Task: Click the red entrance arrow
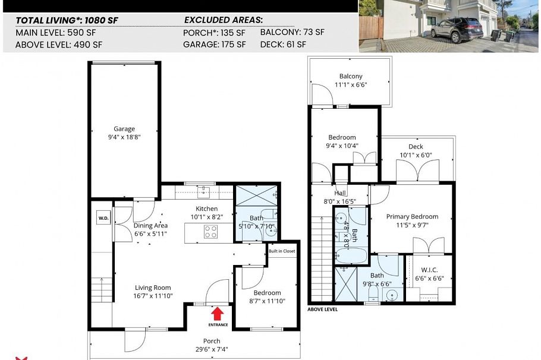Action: [218, 313]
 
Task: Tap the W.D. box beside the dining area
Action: [103, 218]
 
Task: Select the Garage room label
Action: [124, 129]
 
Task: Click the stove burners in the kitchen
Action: [210, 233]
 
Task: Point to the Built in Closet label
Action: [282, 251]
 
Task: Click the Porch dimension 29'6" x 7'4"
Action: [212, 349]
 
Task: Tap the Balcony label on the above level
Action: [351, 76]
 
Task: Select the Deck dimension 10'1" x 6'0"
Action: [416, 156]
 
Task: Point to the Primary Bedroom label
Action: [412, 217]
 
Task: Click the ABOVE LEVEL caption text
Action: [323, 310]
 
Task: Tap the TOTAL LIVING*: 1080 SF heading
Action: [67, 20]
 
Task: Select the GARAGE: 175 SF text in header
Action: [214, 44]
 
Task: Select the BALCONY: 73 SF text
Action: [292, 32]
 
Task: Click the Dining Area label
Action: [150, 226]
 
